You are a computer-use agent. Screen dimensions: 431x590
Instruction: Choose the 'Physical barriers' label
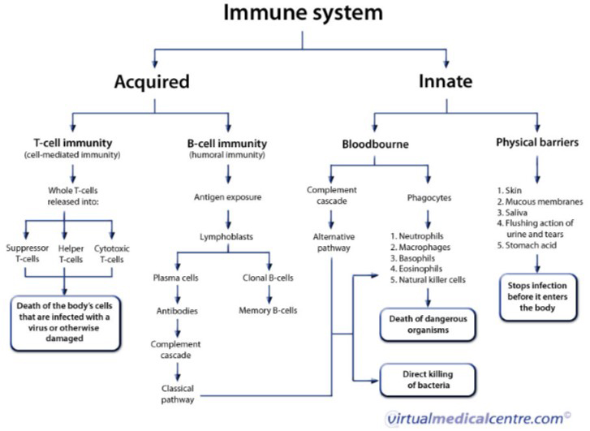tap(536, 144)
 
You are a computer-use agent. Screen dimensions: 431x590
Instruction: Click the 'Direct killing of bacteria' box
tap(427, 379)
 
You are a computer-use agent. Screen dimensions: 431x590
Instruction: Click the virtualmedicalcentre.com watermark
tap(475, 418)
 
